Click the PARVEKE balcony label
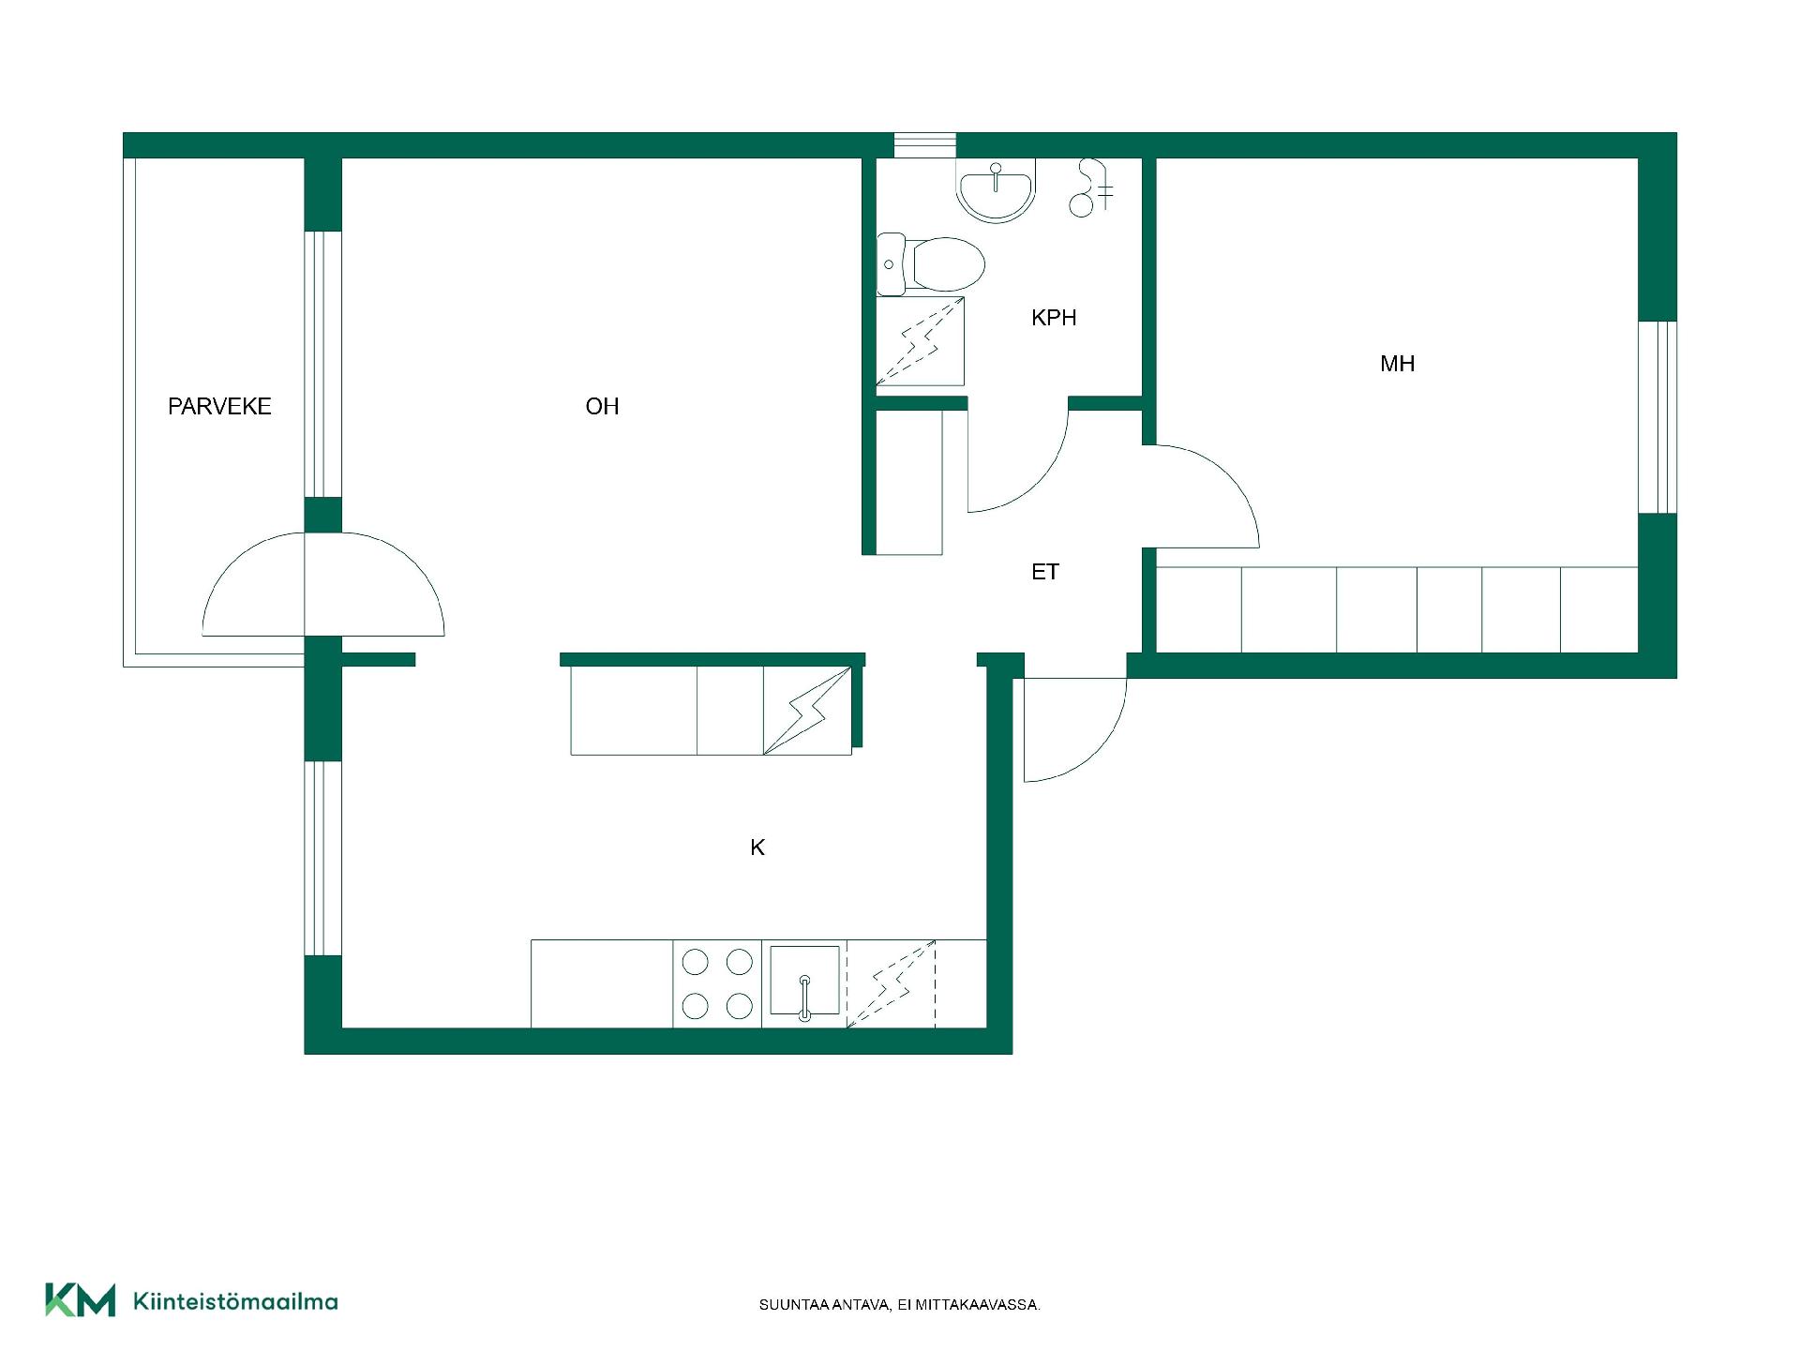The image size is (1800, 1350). point(219,406)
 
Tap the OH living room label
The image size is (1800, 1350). point(602,406)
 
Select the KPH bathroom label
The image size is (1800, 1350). point(1054,318)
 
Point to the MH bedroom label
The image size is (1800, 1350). point(1397,364)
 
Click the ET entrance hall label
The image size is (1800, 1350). point(1045,572)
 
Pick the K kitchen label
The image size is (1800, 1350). point(757,847)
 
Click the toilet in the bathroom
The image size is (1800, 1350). point(931,263)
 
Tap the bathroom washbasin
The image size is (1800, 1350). point(997,189)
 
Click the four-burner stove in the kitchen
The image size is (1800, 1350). point(717,983)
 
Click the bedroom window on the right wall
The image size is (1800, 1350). point(1657,417)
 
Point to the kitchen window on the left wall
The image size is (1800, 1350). point(322,858)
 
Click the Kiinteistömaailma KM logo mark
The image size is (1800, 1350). point(81,1300)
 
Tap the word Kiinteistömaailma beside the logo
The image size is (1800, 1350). point(236,1301)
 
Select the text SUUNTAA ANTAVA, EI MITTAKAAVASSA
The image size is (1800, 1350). point(900,1305)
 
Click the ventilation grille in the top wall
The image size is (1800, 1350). point(924,145)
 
